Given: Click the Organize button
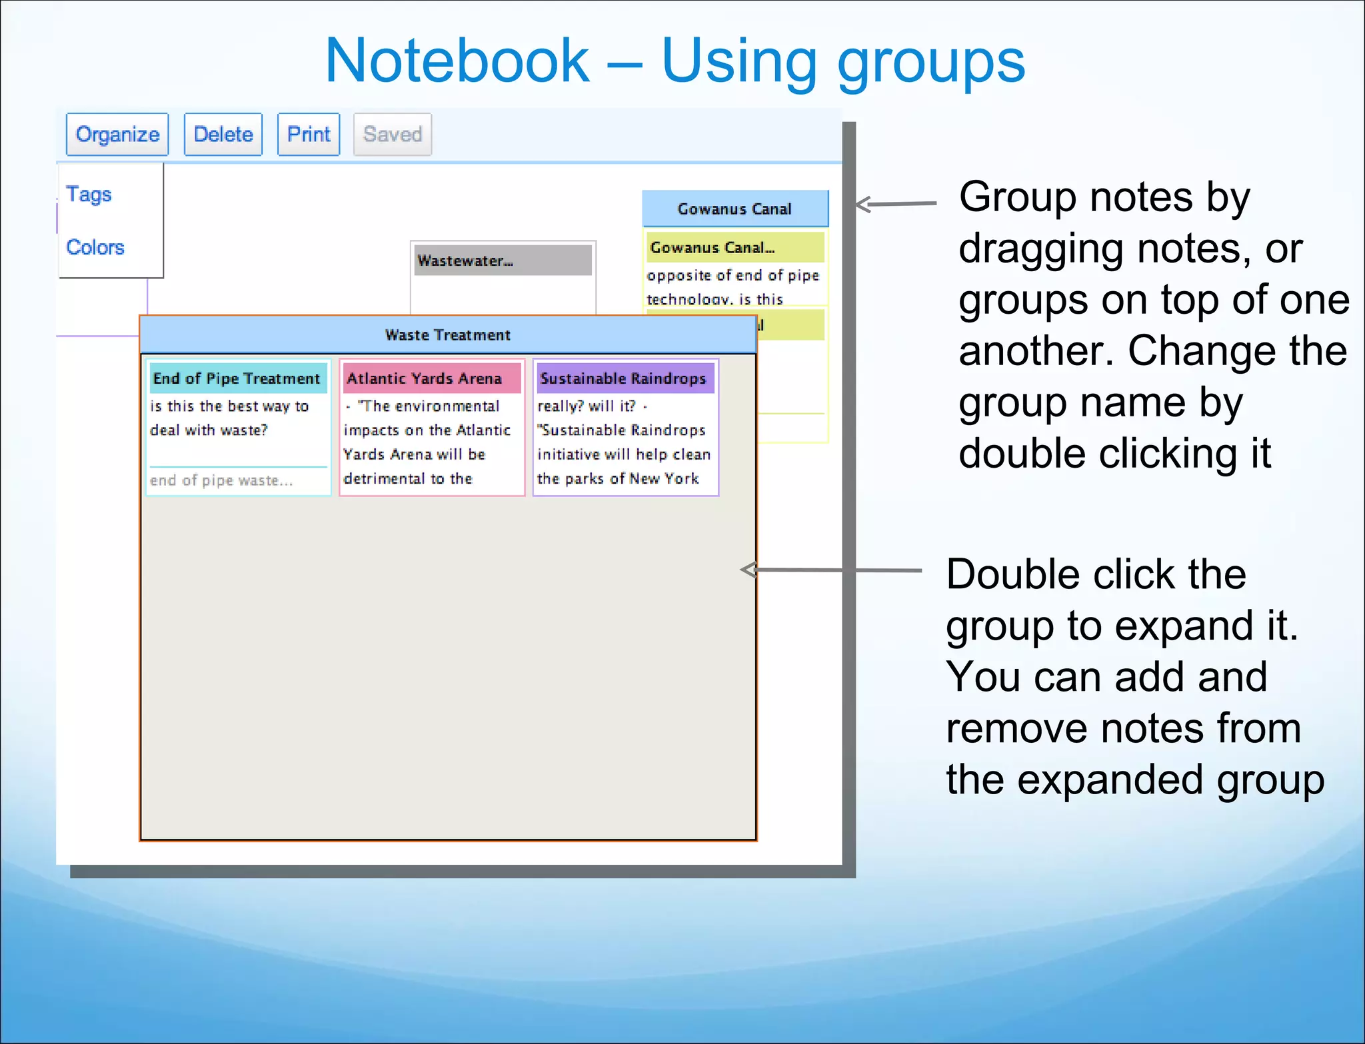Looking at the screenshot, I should (x=117, y=135).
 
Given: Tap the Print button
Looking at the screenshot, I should (x=309, y=135).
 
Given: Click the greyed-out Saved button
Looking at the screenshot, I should (x=393, y=135).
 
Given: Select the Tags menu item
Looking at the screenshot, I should (x=89, y=195).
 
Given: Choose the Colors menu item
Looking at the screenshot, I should (x=95, y=247).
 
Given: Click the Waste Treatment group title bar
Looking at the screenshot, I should (x=448, y=334).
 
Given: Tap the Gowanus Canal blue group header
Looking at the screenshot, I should (x=734, y=209).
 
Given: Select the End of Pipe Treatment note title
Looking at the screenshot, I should (x=237, y=378).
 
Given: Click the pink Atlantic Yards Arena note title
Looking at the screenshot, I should (x=425, y=378).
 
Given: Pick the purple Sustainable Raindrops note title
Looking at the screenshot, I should (x=623, y=378).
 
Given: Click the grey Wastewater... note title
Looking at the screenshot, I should (x=466, y=261).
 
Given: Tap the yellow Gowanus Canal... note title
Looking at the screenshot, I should (x=713, y=247).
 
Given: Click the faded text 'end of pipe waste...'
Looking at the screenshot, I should (x=221, y=480).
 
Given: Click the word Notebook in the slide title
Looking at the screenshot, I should (x=457, y=61).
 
